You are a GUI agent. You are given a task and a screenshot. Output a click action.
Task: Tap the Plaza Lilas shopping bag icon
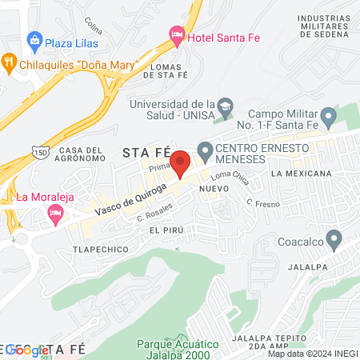point(34,39)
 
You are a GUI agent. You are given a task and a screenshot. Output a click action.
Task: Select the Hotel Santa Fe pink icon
point(177,34)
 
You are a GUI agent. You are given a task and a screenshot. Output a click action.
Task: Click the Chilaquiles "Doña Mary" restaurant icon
point(10,60)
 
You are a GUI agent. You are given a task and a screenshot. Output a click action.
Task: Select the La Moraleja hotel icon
point(54,212)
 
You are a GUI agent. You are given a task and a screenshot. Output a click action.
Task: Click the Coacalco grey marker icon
point(334,238)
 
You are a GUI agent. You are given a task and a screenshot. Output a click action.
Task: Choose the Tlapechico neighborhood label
point(102,249)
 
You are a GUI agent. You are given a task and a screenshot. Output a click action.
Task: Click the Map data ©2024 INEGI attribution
point(312,354)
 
